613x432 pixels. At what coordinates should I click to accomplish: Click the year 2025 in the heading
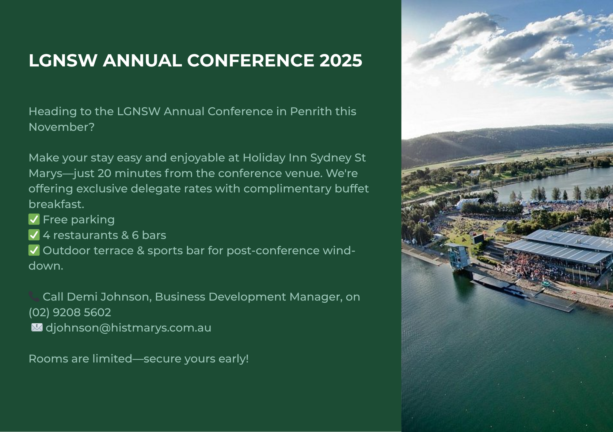click(x=341, y=60)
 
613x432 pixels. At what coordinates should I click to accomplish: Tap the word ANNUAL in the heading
click(x=143, y=60)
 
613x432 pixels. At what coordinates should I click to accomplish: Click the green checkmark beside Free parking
click(x=34, y=220)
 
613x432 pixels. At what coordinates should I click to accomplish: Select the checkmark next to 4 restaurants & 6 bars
click(x=34, y=235)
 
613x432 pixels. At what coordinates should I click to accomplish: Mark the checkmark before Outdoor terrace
click(x=34, y=250)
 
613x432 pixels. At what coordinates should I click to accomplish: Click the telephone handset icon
click(x=34, y=296)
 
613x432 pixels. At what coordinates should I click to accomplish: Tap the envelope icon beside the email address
click(x=37, y=328)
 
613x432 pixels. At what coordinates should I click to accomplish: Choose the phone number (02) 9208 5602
click(x=70, y=312)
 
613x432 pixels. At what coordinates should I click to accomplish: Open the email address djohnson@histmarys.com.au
click(x=128, y=328)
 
